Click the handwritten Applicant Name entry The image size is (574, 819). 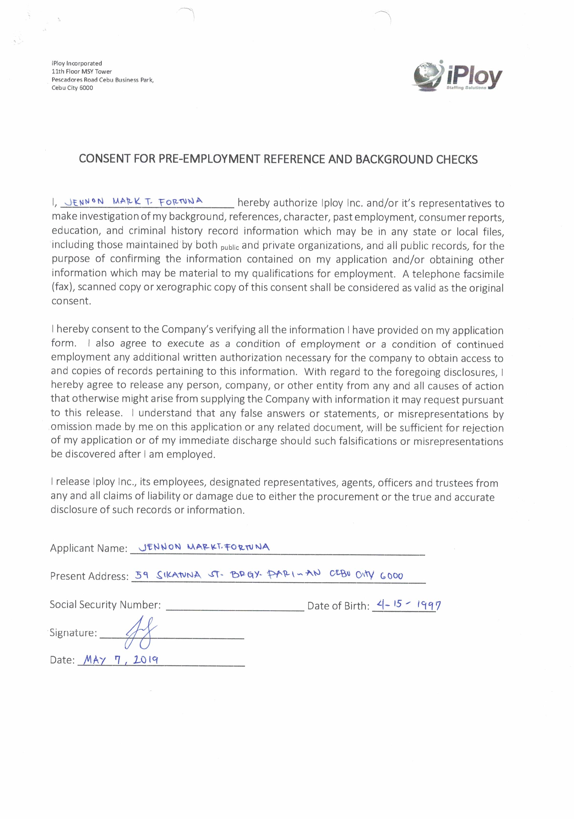pyautogui.click(x=204, y=547)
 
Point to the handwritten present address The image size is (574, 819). pyautogui.click(x=269, y=575)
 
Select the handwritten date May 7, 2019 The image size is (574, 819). pyautogui.click(x=121, y=660)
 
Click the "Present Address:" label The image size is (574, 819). pyautogui.click(x=89, y=576)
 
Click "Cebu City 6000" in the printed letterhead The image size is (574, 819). pyautogui.click(x=72, y=88)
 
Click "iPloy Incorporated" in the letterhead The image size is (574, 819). pyautogui.click(x=77, y=63)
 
